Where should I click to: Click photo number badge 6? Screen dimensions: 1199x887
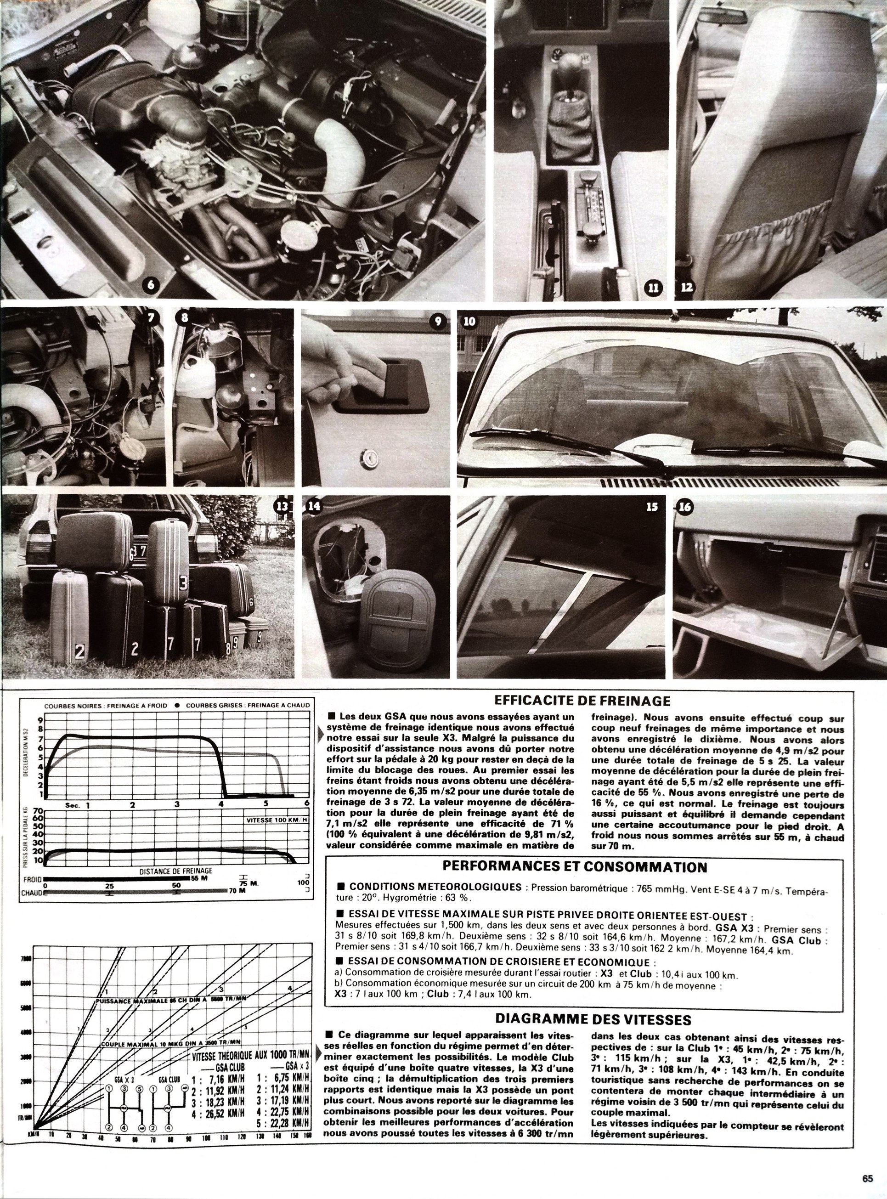150,286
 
